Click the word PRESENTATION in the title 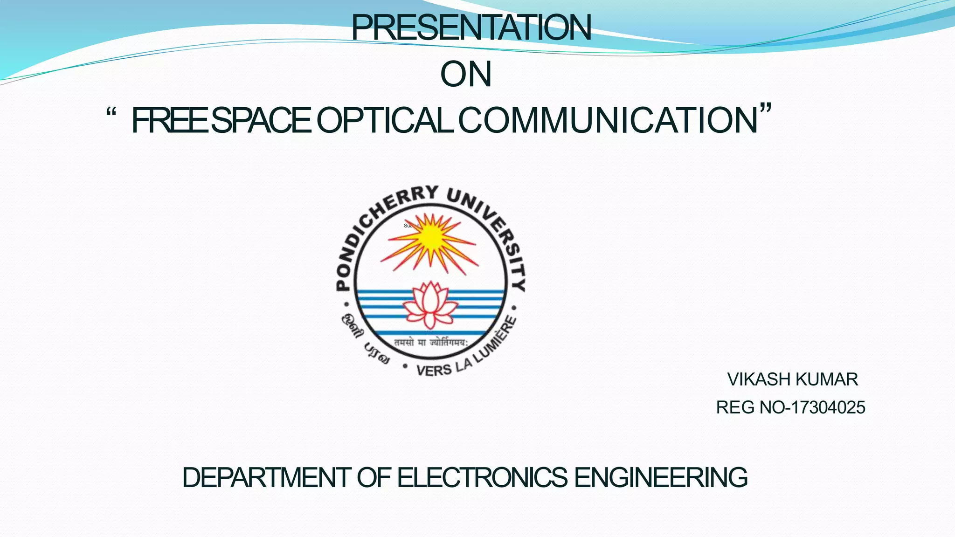coord(471,28)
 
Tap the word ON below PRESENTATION coord(466,75)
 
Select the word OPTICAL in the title coord(385,120)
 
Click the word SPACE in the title coord(264,120)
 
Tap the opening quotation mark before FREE coord(111,113)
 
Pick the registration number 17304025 coord(828,407)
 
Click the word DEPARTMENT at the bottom coord(266,478)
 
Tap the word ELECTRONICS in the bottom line coord(482,478)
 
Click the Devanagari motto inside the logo coord(429,343)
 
